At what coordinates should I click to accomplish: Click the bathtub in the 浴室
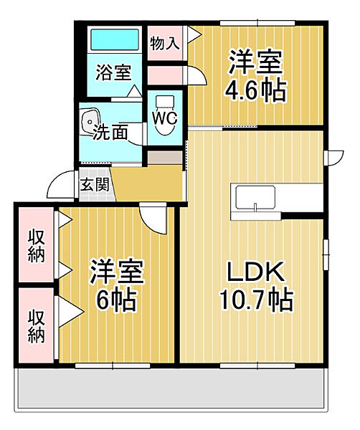(x=115, y=39)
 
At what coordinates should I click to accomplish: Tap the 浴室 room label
(x=113, y=72)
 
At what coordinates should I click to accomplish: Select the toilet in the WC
(x=165, y=115)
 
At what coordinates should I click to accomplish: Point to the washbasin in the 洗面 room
(x=90, y=121)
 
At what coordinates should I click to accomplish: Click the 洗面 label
(x=110, y=132)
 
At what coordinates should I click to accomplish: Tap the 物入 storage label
(x=165, y=43)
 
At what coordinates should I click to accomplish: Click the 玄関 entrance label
(x=95, y=185)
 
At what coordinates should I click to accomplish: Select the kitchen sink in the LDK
(x=255, y=198)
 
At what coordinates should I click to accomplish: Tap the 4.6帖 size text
(x=256, y=90)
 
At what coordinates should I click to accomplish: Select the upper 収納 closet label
(x=37, y=245)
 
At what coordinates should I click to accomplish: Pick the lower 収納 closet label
(x=37, y=326)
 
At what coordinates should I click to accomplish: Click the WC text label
(x=165, y=119)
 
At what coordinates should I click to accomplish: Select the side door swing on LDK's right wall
(x=333, y=158)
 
